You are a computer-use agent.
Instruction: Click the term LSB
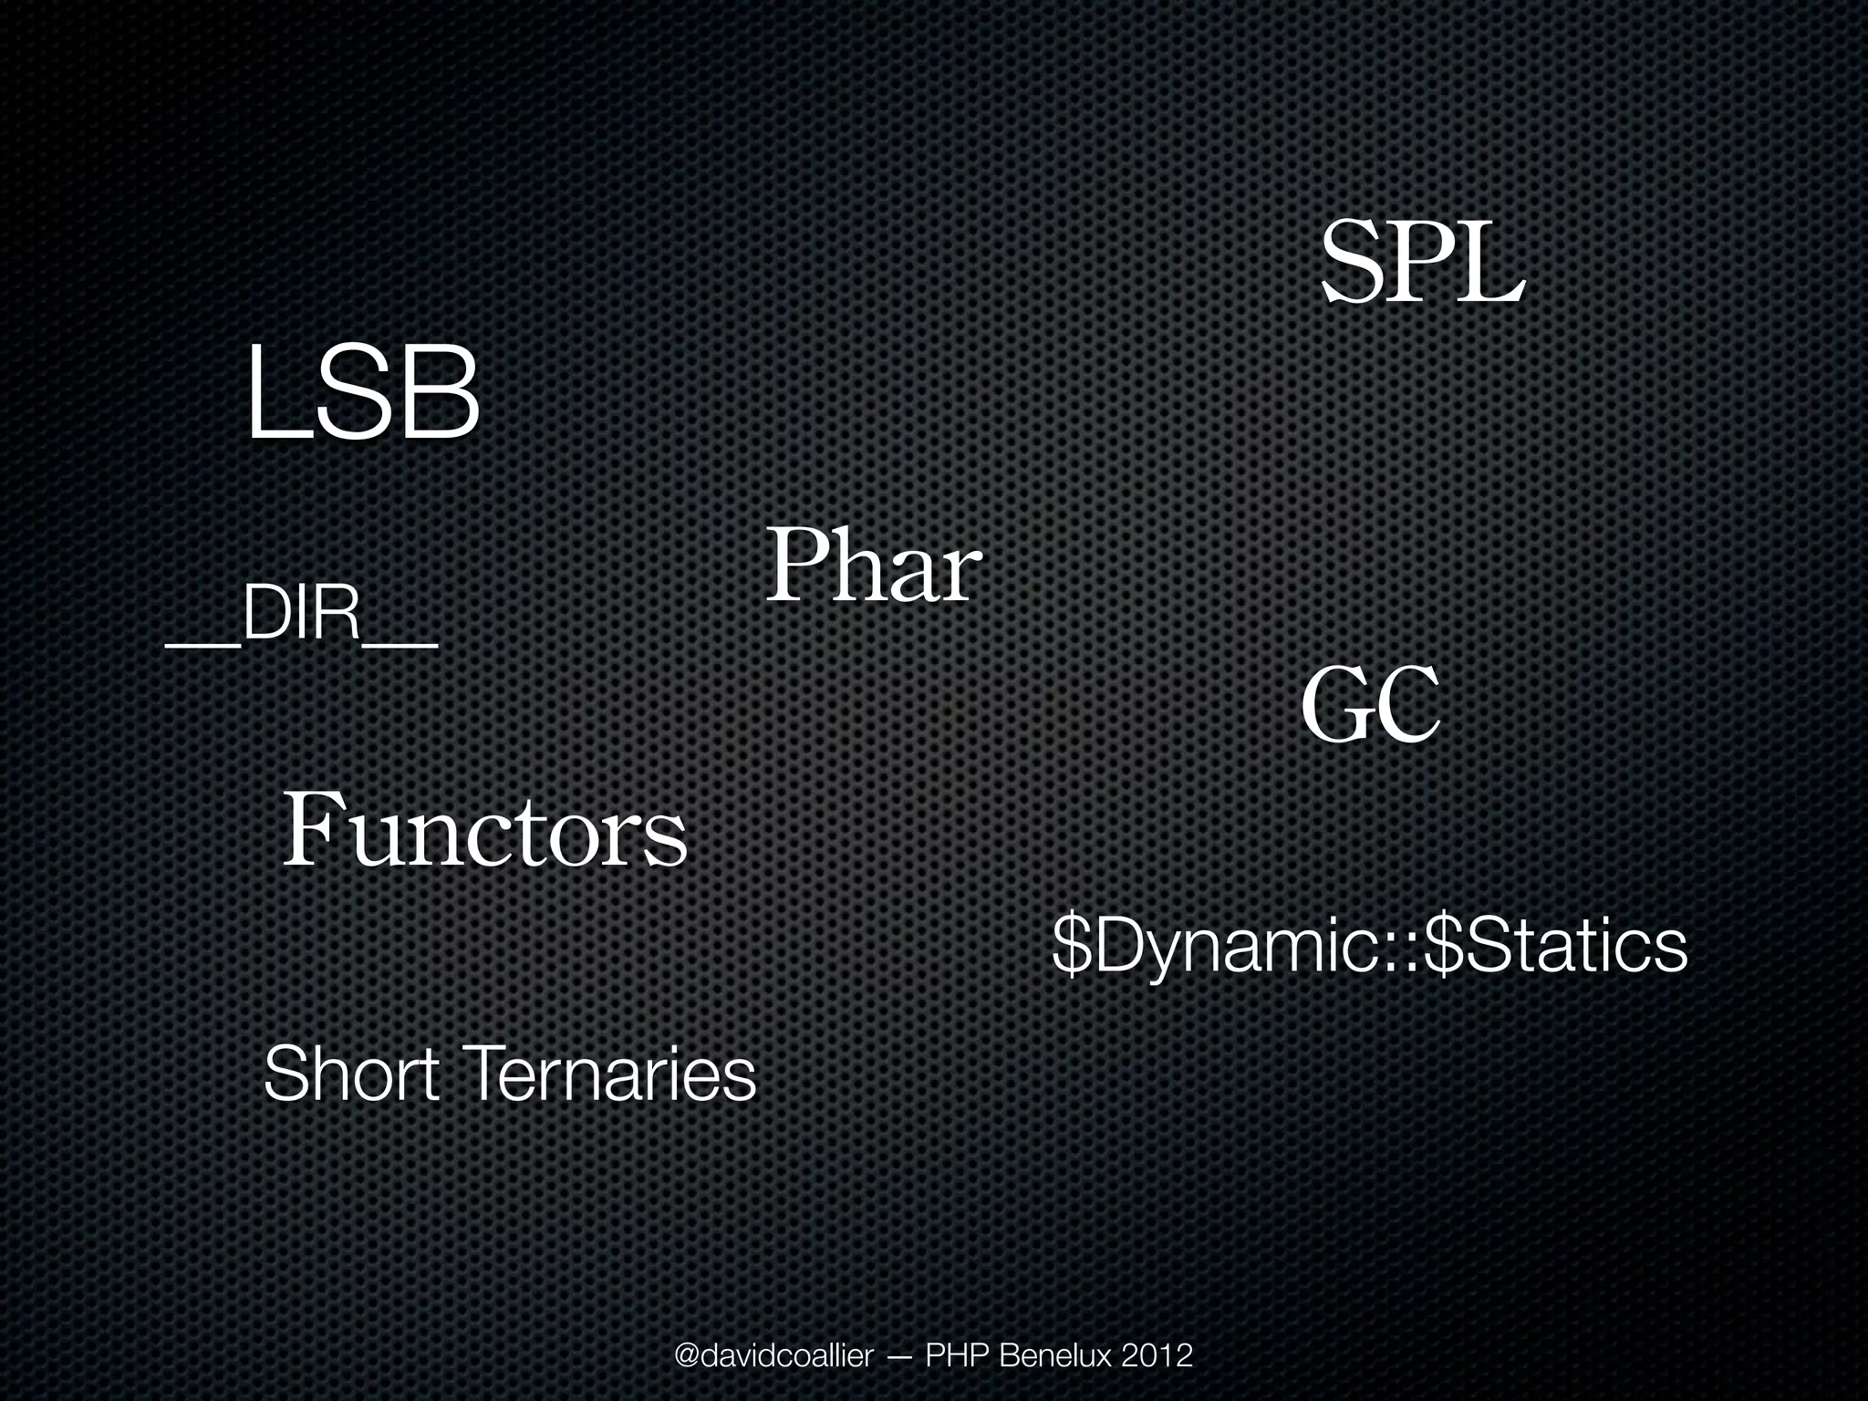coord(362,393)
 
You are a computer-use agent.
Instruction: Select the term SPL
coord(1422,264)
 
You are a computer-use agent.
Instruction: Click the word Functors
coord(484,831)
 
